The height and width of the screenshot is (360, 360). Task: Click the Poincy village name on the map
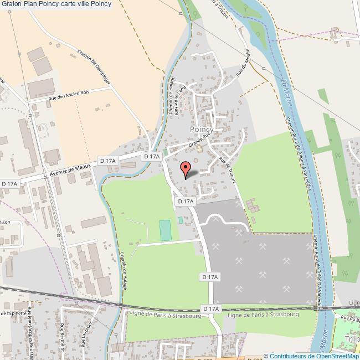pos(202,128)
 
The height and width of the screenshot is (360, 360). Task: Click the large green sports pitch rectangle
pos(165,230)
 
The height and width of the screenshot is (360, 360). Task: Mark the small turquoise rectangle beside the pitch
pos(181,220)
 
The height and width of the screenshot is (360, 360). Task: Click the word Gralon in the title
pos(12,4)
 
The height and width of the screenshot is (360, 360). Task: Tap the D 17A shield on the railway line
pos(211,308)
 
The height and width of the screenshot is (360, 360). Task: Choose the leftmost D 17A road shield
pos(9,183)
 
